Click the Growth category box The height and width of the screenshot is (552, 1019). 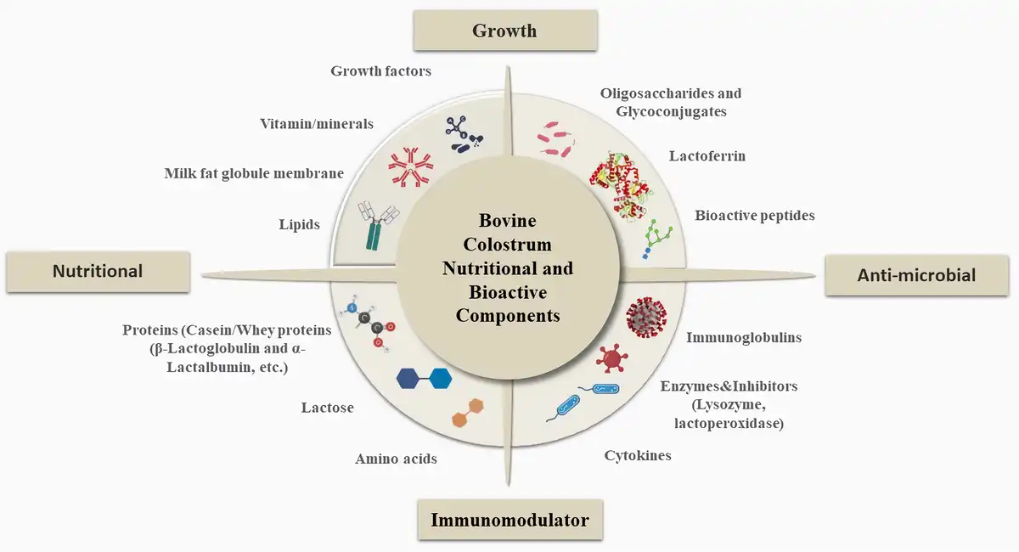tap(504, 31)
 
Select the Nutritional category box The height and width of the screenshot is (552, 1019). tap(98, 271)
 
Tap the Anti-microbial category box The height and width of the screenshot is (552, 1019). tap(916, 274)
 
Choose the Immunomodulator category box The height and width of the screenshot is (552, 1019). tap(509, 520)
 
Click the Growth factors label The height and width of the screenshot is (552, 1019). tap(380, 71)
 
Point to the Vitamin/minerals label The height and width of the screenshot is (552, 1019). tap(316, 124)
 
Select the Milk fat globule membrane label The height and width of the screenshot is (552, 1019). tap(254, 174)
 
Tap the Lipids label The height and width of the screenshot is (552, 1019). tap(299, 225)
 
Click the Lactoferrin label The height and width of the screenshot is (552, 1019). tap(707, 156)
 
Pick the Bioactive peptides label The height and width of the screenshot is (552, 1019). tap(754, 216)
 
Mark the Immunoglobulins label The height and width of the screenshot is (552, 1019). tap(744, 338)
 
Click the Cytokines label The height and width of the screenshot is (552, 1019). tap(638, 456)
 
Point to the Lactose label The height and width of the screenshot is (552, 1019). tap(327, 408)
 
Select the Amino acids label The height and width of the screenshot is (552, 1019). tap(396, 459)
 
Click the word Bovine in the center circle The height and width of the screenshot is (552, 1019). tap(508, 221)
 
